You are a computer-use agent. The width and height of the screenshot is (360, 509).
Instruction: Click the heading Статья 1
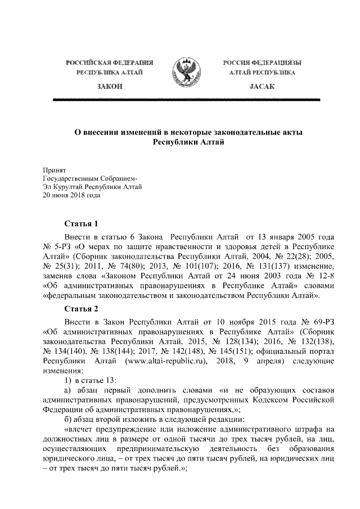point(82,223)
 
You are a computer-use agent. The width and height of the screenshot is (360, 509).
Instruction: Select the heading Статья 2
point(82,309)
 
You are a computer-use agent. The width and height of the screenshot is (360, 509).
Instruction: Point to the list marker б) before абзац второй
point(67,418)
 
